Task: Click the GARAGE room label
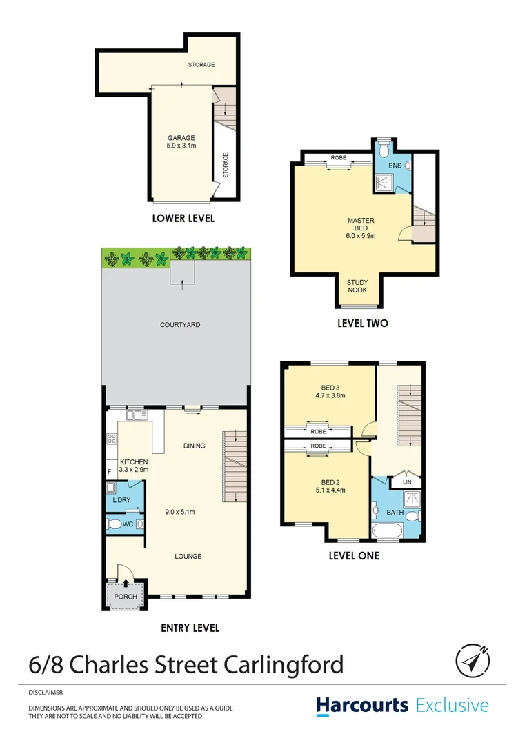(x=181, y=138)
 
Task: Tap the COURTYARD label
(x=180, y=324)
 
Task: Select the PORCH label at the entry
(x=126, y=597)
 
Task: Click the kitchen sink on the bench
(x=137, y=415)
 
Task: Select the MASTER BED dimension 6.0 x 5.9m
(x=361, y=236)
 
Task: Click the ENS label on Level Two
(x=395, y=166)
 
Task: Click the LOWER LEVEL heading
(x=183, y=218)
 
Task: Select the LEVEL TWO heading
(x=362, y=323)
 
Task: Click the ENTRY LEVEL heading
(x=190, y=628)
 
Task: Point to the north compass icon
(x=473, y=660)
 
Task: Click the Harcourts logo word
(x=361, y=706)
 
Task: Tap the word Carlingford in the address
(x=284, y=665)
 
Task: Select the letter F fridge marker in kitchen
(x=109, y=473)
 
